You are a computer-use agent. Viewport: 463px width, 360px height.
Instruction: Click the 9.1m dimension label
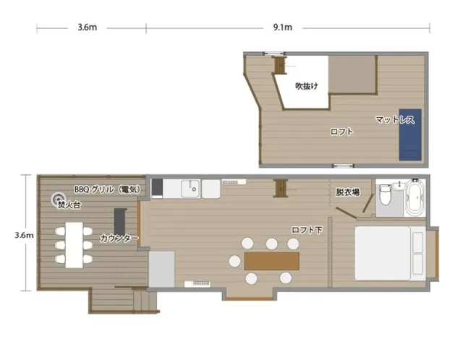[283, 27]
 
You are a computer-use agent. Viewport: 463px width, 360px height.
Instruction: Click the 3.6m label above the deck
[88, 27]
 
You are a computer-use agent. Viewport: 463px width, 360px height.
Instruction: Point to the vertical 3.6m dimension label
[24, 235]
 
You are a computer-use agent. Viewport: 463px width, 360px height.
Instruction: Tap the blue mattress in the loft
[410, 134]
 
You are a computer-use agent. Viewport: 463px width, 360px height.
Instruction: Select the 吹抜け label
[307, 86]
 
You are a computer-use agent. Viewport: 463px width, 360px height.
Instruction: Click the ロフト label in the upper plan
[341, 132]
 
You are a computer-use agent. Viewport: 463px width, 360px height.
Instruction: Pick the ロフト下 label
[307, 230]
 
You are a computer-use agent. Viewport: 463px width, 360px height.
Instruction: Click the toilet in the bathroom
[386, 194]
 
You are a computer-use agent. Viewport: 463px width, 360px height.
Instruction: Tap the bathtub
[415, 197]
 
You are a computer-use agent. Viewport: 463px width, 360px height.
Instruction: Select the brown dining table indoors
[272, 261]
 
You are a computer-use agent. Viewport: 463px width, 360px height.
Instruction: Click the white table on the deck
[74, 245]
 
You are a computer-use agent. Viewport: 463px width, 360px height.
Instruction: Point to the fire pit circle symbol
[58, 200]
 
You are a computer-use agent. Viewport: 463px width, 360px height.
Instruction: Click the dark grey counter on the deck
[120, 222]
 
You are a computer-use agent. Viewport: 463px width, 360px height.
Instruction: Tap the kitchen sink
[190, 189]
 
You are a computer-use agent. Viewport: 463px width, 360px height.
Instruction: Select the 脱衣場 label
[348, 192]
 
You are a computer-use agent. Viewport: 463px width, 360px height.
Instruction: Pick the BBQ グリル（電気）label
[107, 189]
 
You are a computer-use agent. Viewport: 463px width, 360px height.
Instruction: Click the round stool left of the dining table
[234, 261]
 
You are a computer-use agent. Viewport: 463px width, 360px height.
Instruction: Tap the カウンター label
[119, 238]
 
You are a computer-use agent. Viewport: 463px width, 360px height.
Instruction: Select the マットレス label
[395, 119]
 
